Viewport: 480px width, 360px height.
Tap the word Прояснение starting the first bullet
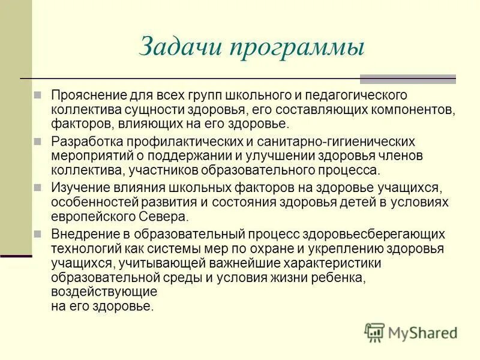83,95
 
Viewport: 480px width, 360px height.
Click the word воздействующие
104,292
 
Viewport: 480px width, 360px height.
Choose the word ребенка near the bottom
337,278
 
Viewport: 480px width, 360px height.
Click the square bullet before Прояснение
38,95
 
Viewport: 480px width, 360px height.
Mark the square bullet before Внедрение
38,232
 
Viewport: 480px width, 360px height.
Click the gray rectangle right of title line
407,79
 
